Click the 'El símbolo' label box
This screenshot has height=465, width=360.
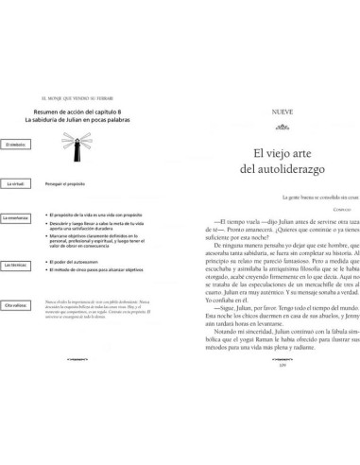pos(16,145)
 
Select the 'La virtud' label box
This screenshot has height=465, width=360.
pos(16,181)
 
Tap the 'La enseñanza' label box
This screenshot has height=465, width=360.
pos(17,217)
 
